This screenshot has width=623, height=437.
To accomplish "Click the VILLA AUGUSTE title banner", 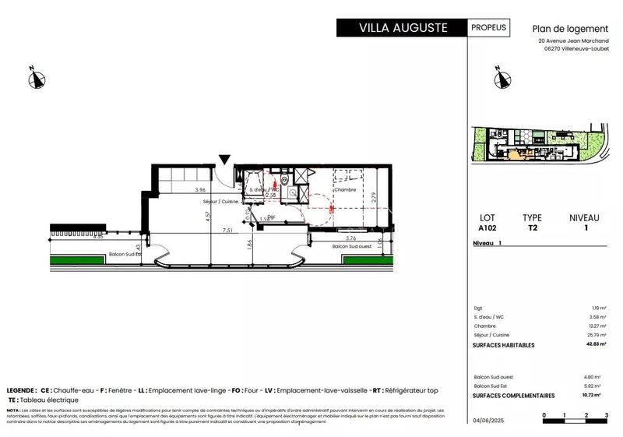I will coord(402,28).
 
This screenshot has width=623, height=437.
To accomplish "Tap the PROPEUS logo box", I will coord(489,27).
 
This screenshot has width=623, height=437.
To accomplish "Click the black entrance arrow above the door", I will coord(225,160).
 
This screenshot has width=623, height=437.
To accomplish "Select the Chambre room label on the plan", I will coord(345,189).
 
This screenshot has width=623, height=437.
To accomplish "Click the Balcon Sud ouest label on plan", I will coord(350,246).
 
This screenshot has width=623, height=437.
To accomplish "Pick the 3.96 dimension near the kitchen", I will coord(200,190).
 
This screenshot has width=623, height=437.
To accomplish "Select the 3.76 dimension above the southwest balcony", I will coord(350,238).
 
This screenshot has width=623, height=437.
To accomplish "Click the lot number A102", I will coord(487,229).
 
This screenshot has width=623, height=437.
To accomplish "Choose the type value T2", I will coord(532,229).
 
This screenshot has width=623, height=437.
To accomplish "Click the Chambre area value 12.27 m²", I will coord(597,326).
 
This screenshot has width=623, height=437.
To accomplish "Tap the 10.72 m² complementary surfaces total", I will coord(595,395).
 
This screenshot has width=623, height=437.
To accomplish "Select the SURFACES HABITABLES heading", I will coord(504,344).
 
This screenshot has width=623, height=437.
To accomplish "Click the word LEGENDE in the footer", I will coord(20,389).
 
